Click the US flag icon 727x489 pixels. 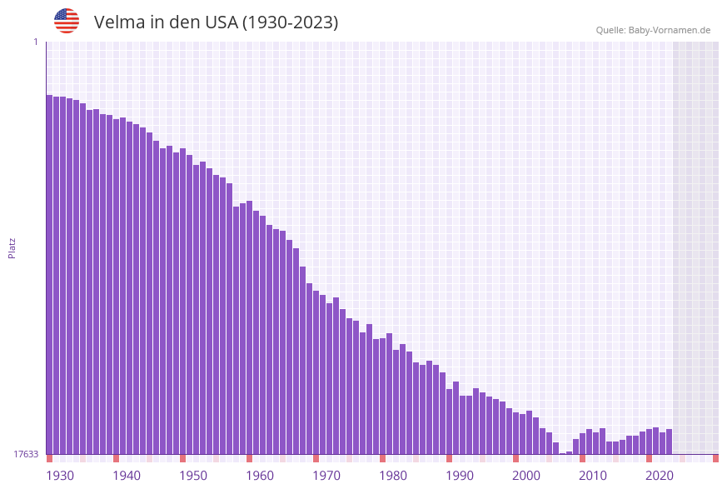click(67, 21)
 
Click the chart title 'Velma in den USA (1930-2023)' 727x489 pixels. click(216, 22)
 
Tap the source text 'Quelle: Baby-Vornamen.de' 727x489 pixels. click(653, 30)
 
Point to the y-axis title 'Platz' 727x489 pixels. click(12, 247)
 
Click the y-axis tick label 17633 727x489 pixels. click(26, 454)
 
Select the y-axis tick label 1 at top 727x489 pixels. click(36, 42)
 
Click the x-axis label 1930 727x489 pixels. click(60, 476)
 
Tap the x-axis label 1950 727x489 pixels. click(193, 476)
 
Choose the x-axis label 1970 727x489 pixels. click(326, 476)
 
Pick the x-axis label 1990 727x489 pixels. click(460, 476)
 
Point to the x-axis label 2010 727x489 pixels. click(593, 476)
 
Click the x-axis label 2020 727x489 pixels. click(660, 476)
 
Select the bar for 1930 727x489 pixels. click(50, 275)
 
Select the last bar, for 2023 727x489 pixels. click(670, 442)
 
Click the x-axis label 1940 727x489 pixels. click(127, 476)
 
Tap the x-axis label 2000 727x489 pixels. click(526, 476)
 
